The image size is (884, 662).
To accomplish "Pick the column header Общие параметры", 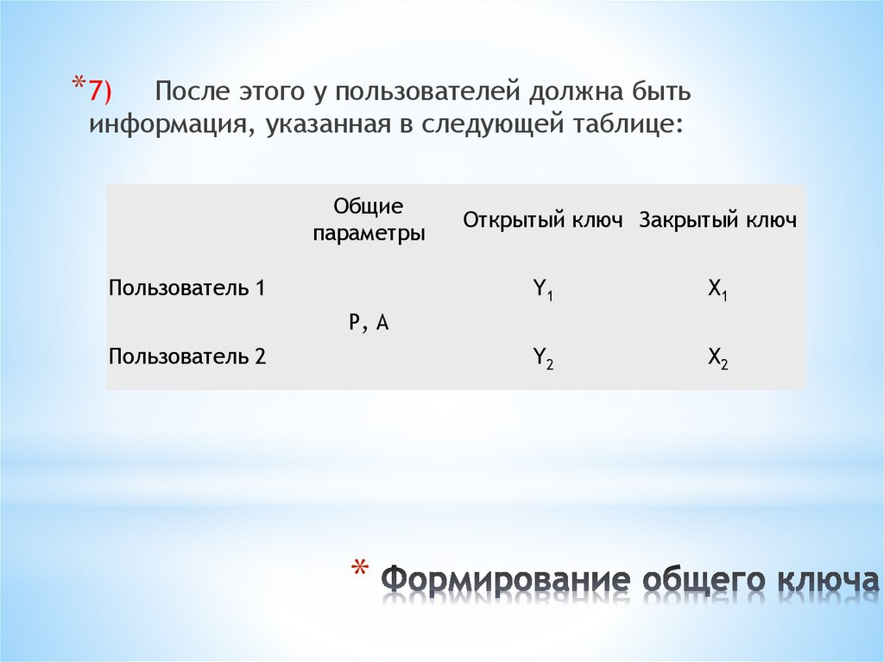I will click(x=369, y=220).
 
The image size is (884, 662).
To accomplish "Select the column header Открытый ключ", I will click(x=542, y=220).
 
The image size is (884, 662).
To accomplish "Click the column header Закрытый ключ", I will click(x=717, y=220).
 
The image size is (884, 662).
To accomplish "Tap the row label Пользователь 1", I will click(x=186, y=288).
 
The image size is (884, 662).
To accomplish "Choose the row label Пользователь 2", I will click(x=186, y=356).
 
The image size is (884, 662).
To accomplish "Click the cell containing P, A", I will click(x=369, y=323).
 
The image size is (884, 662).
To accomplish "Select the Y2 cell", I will click(x=542, y=357).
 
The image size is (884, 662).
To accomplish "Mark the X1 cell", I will click(x=717, y=290).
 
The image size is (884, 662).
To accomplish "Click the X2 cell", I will click(x=717, y=357).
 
